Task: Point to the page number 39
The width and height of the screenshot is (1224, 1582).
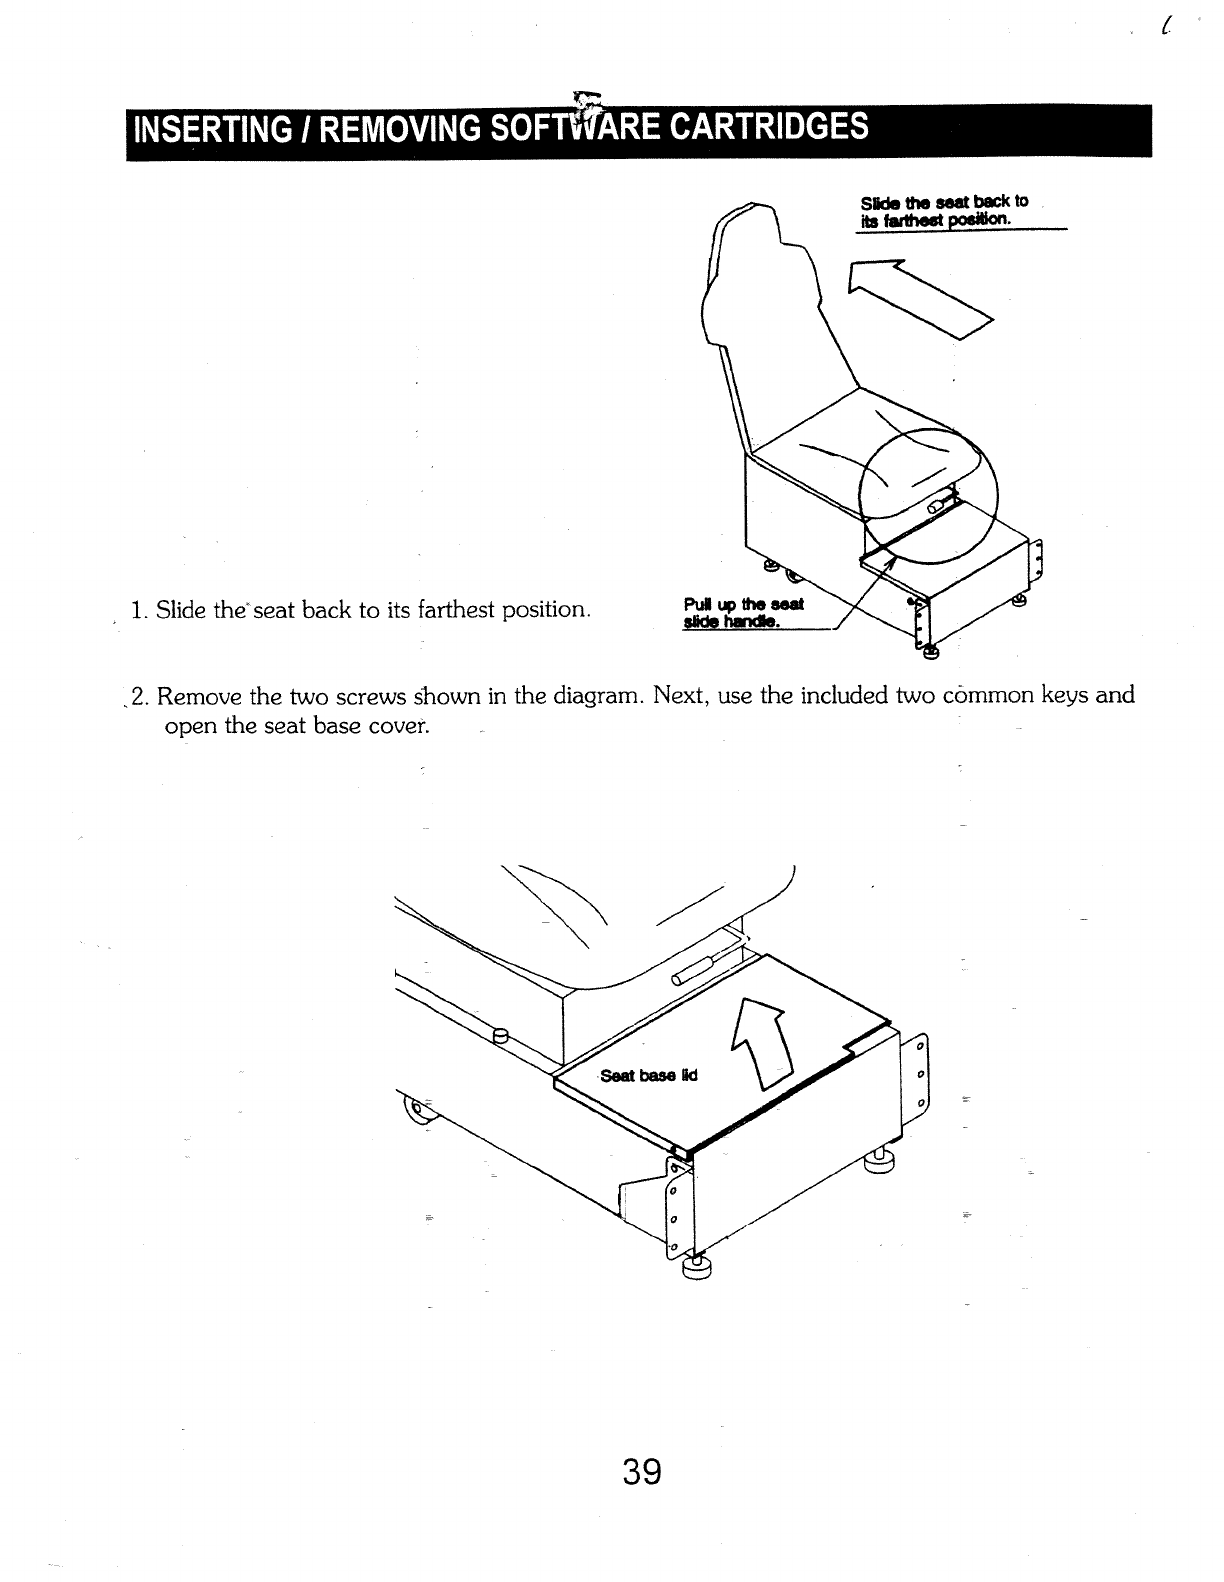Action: (642, 1471)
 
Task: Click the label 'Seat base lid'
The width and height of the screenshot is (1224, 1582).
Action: (649, 1076)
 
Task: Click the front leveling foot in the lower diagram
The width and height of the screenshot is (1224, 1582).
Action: (693, 1268)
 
